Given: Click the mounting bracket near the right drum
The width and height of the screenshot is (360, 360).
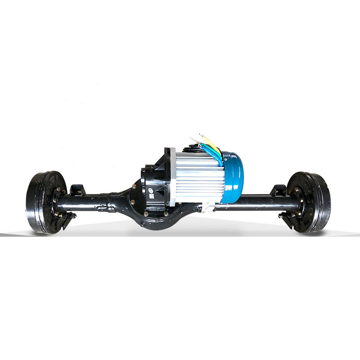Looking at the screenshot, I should pos(279,189).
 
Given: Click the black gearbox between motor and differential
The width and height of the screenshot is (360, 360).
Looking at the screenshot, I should pos(153,180).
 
